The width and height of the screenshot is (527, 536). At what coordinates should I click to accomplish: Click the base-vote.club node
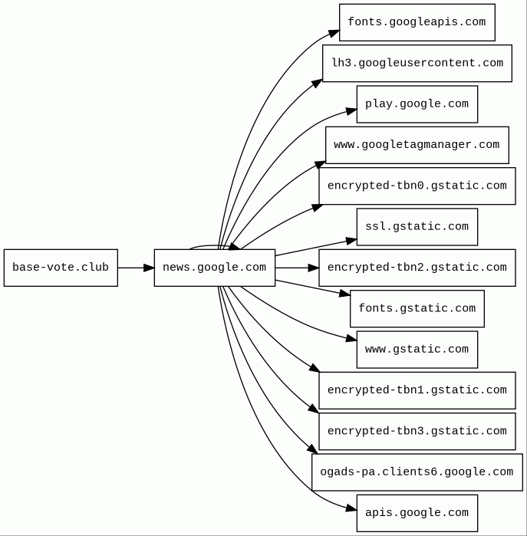[61, 268]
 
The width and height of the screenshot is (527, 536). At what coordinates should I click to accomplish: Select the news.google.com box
[215, 268]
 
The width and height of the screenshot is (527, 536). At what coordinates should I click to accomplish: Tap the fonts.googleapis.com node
[417, 22]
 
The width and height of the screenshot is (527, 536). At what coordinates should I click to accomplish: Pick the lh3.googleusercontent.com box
[417, 63]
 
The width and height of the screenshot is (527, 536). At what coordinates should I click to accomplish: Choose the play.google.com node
[417, 104]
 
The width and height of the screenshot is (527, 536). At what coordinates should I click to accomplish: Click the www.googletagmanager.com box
[417, 145]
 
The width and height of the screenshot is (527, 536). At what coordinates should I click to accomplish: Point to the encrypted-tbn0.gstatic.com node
[417, 186]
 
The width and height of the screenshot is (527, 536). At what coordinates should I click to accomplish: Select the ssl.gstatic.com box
[417, 227]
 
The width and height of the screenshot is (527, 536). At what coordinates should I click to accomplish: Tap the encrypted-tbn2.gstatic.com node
[417, 268]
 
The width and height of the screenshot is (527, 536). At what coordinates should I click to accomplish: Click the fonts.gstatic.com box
[417, 309]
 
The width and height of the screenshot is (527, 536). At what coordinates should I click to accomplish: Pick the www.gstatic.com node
[417, 350]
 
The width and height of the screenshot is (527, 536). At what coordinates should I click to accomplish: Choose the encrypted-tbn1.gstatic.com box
[417, 390]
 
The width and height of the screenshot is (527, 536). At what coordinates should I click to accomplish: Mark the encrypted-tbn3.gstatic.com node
[417, 432]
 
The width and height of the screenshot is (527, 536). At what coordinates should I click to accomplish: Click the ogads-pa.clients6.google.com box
[417, 472]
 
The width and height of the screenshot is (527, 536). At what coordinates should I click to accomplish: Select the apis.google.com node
[417, 513]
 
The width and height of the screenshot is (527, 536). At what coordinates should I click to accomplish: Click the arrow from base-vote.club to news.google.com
[136, 268]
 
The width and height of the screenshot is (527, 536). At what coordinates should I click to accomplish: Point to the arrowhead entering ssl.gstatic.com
[351, 242]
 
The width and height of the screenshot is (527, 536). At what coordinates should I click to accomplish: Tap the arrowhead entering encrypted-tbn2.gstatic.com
[314, 268]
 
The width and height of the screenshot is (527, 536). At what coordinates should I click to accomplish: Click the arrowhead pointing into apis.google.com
[351, 508]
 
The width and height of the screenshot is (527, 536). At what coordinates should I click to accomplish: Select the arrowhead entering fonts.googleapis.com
[334, 34]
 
